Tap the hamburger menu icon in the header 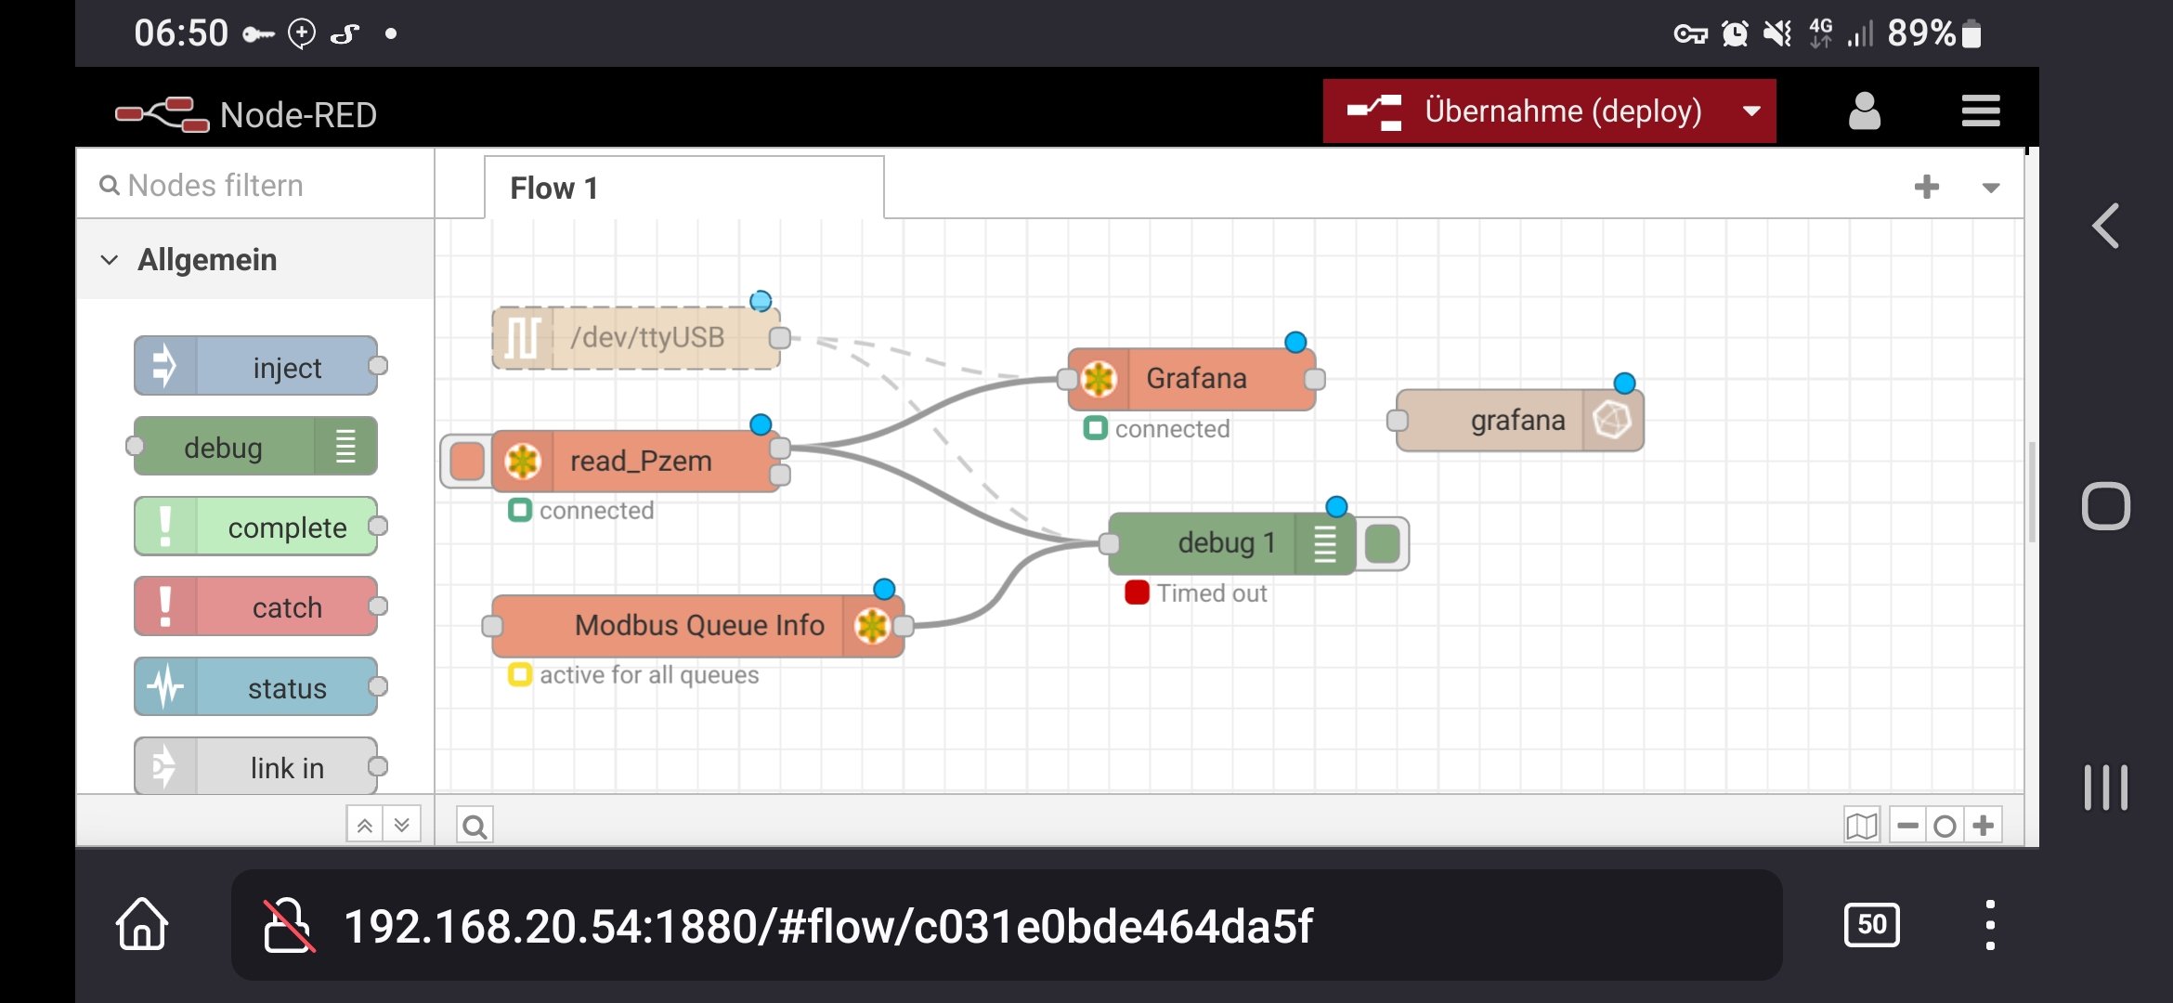coord(1980,111)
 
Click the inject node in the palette coord(255,367)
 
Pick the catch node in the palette coord(255,606)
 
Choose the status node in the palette coord(255,687)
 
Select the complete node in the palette coord(255,527)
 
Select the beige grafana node coord(1518,421)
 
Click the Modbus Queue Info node coord(696,625)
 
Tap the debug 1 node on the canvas coord(1226,542)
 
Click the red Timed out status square coord(1137,593)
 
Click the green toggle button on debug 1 coord(1383,543)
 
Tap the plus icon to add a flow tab coord(1926,188)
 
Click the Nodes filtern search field coord(255,186)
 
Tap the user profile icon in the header coord(1864,111)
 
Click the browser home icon coord(142,924)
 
